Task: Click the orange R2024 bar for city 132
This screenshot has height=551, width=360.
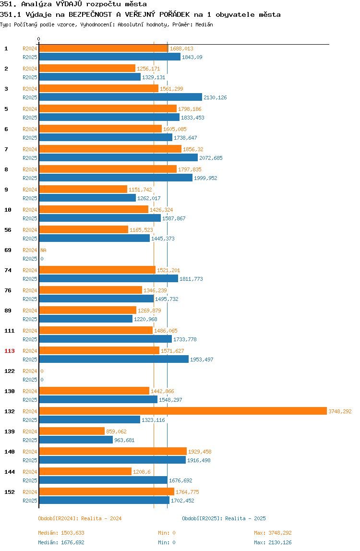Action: pyautogui.click(x=183, y=411)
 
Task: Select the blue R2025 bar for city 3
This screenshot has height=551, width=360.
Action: pyautogui.click(x=120, y=97)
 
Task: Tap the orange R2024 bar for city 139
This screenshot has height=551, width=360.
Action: pyautogui.click(x=72, y=431)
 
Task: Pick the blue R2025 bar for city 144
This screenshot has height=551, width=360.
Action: pyautogui.click(x=103, y=480)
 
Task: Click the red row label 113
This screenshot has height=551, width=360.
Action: pyautogui.click(x=10, y=351)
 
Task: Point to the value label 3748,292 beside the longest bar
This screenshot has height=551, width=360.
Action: pyautogui.click(x=340, y=411)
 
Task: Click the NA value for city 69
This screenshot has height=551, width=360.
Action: pyautogui.click(x=43, y=250)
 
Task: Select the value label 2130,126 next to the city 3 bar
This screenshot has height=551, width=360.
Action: pyautogui.click(x=215, y=97)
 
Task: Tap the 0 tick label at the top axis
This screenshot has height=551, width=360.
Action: pyautogui.click(x=39, y=39)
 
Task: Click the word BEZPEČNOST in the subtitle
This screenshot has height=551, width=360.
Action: pyautogui.click(x=90, y=14)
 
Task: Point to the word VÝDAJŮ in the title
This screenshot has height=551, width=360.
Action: pyautogui.click(x=69, y=4)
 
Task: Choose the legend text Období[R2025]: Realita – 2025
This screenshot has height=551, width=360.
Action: pyautogui.click(x=224, y=518)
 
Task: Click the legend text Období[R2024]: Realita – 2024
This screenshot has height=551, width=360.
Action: pyautogui.click(x=80, y=518)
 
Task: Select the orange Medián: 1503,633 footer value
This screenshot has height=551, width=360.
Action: pyautogui.click(x=61, y=533)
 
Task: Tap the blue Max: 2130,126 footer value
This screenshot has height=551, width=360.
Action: pyautogui.click(x=273, y=542)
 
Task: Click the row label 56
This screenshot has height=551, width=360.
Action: pyautogui.click(x=8, y=230)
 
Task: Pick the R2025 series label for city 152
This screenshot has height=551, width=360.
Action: pyautogui.click(x=30, y=501)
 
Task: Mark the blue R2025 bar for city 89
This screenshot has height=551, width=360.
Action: pyautogui.click(x=86, y=319)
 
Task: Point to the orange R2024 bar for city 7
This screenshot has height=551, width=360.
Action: pyautogui.click(x=110, y=149)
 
